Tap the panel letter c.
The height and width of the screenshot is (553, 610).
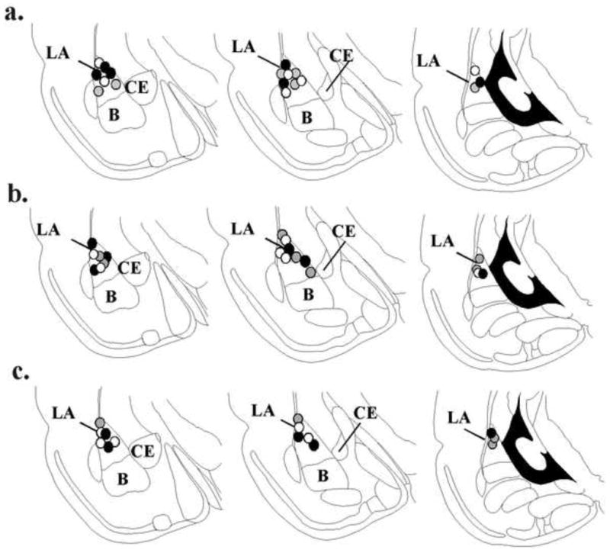tap(21, 373)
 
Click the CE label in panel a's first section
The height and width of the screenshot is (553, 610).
tap(136, 87)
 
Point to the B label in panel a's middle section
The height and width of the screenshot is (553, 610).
tap(307, 117)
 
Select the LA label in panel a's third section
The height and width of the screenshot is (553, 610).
tap(429, 61)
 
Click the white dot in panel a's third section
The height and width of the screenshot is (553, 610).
tap(475, 70)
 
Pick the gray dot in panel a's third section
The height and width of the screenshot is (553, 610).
tap(474, 88)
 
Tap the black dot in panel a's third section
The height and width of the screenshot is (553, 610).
tap(480, 82)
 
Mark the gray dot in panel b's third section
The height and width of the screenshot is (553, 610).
tap(480, 259)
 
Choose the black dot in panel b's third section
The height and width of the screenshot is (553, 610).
tap(483, 274)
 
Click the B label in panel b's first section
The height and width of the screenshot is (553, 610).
tap(111, 297)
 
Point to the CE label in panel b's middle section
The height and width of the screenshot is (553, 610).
tap(343, 232)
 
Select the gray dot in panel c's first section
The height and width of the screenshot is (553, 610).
tap(101, 422)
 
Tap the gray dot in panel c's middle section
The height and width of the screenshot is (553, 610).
tap(298, 418)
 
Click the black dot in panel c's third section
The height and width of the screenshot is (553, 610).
tap(491, 432)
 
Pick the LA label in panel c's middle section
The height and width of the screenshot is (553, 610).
tap(263, 410)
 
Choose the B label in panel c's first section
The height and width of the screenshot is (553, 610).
tap(123, 479)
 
